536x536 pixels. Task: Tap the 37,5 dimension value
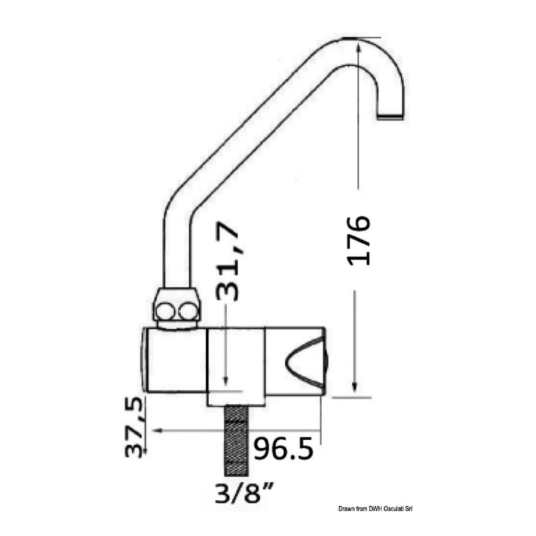click(135, 426)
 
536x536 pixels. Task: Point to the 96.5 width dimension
click(284, 449)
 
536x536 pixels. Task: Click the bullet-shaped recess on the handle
click(304, 358)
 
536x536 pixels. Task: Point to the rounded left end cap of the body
click(145, 359)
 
